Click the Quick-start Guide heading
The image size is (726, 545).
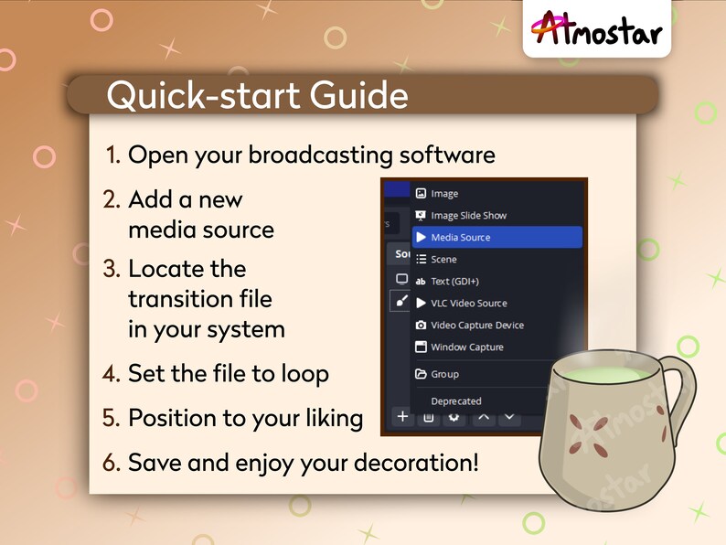pos(257,95)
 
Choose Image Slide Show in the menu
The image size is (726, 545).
pos(468,216)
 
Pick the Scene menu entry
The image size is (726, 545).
pos(443,260)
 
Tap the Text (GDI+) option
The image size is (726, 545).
pos(454,282)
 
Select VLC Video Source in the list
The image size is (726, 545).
pos(468,304)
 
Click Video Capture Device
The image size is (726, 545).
pos(476,326)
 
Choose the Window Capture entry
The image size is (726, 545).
pos(466,347)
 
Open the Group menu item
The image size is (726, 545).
pos(444,374)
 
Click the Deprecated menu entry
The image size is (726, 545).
pos(455,401)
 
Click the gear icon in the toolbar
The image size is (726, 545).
pos(453,418)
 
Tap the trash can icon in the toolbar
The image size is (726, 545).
pos(427,418)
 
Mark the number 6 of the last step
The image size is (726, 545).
pos(111,463)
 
